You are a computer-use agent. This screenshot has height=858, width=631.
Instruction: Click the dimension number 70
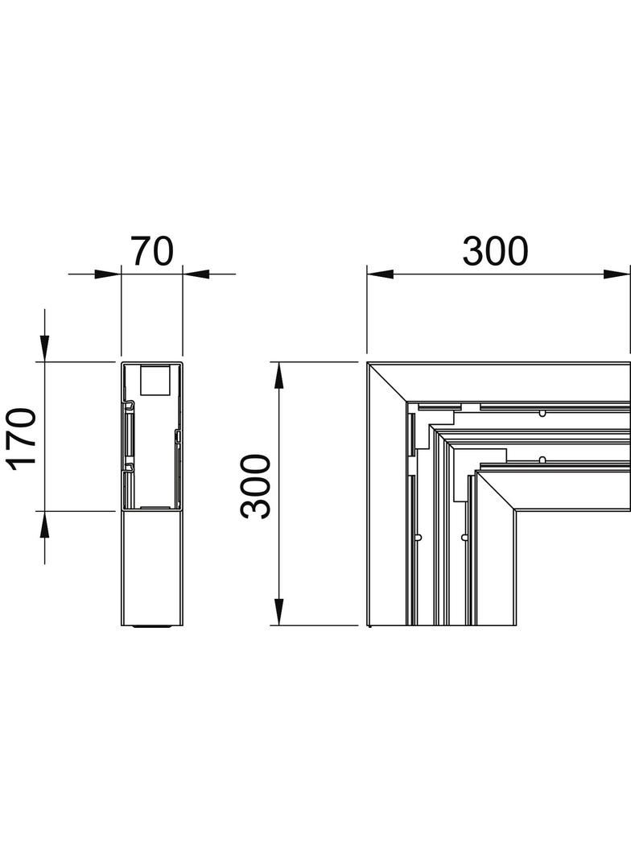(152, 251)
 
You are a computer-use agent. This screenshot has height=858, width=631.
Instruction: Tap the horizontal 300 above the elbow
(495, 251)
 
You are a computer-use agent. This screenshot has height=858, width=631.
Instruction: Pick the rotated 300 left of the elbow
(257, 486)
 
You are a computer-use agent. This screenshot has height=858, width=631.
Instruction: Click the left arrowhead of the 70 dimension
(108, 274)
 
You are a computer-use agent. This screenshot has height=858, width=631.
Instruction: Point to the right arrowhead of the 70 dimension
(196, 274)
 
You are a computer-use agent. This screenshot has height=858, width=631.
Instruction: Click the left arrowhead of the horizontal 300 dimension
(380, 274)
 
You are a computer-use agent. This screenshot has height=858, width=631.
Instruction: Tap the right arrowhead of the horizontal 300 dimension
(617, 274)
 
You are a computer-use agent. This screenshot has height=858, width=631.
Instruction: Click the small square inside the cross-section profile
(155, 381)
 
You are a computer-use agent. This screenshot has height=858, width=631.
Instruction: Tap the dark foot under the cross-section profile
(153, 627)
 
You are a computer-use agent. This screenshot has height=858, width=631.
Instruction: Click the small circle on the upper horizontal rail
(542, 414)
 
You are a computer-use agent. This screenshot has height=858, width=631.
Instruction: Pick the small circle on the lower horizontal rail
(542, 460)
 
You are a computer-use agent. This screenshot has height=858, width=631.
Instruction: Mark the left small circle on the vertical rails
(418, 536)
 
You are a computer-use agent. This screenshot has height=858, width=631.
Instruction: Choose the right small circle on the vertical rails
(464, 536)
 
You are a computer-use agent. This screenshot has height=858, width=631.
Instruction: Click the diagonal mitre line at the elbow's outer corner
(385, 381)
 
